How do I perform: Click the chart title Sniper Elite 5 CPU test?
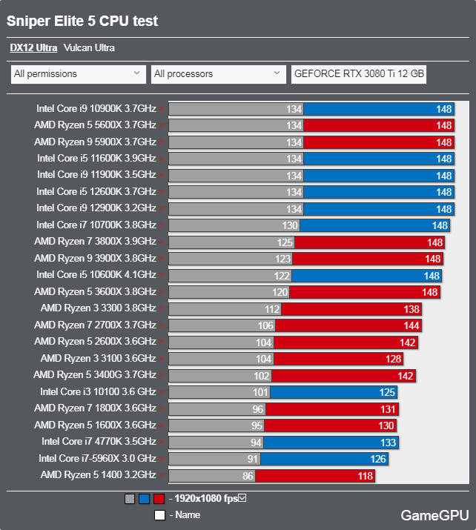pyautogui.click(x=82, y=21)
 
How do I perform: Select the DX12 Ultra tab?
pyautogui.click(x=33, y=48)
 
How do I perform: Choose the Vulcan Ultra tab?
pyautogui.click(x=89, y=48)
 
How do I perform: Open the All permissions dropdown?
pyautogui.click(x=77, y=74)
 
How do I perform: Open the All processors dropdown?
pyautogui.click(x=216, y=74)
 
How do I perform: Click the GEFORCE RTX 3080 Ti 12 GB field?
pyautogui.click(x=359, y=74)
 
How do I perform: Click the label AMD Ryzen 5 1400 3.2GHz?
pyautogui.click(x=98, y=475)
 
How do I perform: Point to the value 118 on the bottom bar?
pyautogui.click(x=366, y=476)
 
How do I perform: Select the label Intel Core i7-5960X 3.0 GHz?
pyautogui.click(x=97, y=459)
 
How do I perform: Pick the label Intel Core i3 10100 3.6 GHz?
pyautogui.click(x=98, y=392)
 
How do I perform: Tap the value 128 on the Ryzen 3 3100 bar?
pyautogui.click(x=393, y=359)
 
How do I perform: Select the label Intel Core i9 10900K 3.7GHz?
pyautogui.click(x=96, y=108)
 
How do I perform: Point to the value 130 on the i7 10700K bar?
pyautogui.click(x=290, y=225)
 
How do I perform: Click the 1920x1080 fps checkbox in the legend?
pyautogui.click(x=242, y=498)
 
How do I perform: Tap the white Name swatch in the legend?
pyautogui.click(x=159, y=514)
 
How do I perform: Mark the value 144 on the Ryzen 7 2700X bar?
pyautogui.click(x=413, y=325)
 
